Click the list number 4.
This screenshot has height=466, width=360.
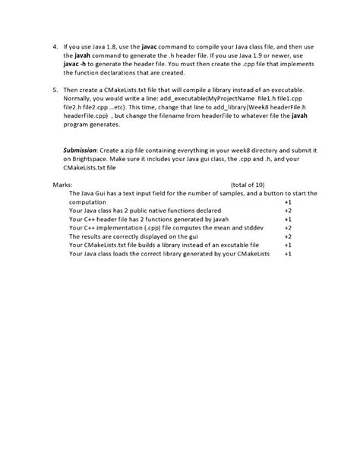tap(55, 47)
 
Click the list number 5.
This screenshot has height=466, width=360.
tap(55, 88)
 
